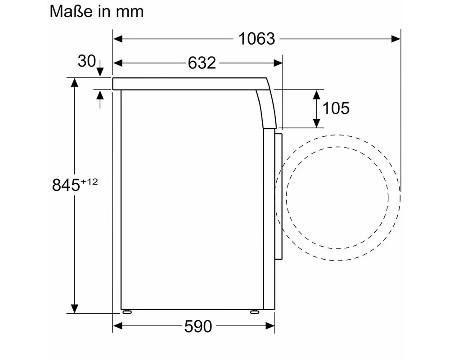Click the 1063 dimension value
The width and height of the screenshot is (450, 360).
[x=256, y=39]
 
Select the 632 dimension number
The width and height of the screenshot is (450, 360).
[x=202, y=63]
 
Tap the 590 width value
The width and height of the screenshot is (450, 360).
[x=198, y=326]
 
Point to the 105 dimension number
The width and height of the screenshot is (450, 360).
[x=336, y=108]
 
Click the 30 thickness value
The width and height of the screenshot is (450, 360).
[x=86, y=61]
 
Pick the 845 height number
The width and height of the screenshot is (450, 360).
[x=66, y=185]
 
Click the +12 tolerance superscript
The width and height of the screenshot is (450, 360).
[x=89, y=181]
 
